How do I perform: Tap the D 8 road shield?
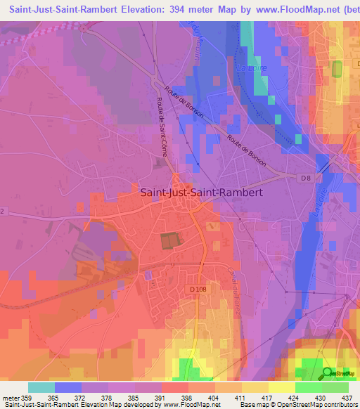[x=305, y=179]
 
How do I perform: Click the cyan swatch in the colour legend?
[x=41, y=387]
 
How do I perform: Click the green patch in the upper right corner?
[x=337, y=70]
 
